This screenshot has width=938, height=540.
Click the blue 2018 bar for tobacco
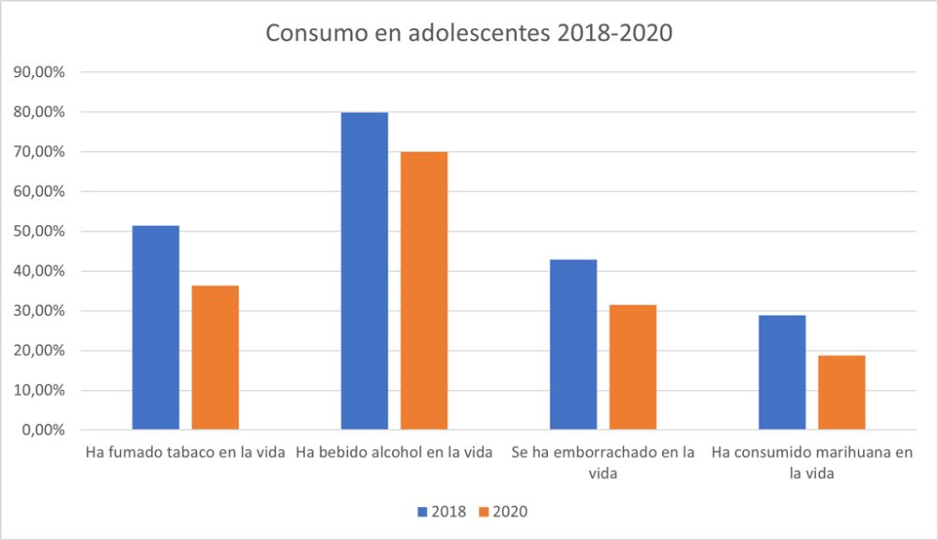click(156, 328)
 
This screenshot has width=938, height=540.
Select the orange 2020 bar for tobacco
click(215, 358)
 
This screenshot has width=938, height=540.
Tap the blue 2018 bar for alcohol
click(364, 271)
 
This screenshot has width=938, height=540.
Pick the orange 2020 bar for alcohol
click(424, 291)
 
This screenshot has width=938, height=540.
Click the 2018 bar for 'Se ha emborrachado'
click(573, 345)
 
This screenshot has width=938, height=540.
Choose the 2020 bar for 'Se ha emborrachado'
click(633, 367)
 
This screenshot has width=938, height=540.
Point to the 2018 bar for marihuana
click(782, 373)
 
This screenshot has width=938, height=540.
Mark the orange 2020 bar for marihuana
click(841, 393)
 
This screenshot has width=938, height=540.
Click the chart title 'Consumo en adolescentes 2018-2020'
click(469, 33)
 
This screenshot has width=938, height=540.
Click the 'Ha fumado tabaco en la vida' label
click(185, 453)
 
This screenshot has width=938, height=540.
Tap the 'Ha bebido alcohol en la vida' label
click(394, 453)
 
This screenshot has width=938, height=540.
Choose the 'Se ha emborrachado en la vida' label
click(603, 462)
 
